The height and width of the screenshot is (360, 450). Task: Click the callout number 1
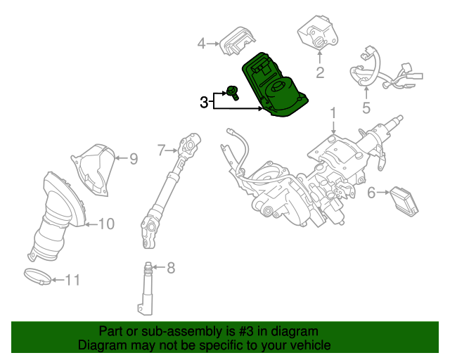coord(333,112)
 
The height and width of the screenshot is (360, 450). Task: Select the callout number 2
coord(319,72)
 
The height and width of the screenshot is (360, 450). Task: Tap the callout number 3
coord(203,103)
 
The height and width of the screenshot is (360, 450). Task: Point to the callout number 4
coord(201,44)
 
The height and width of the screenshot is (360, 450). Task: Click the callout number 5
coord(366,108)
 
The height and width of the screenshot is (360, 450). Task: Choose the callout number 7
coord(161,149)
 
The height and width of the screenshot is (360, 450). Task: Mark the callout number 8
coord(170,267)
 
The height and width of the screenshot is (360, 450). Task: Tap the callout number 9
coord(133,159)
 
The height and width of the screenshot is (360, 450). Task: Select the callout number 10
coord(105,224)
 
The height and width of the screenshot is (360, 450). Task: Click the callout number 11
coord(72,280)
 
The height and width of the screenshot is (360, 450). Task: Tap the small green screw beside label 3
coord(233,91)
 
